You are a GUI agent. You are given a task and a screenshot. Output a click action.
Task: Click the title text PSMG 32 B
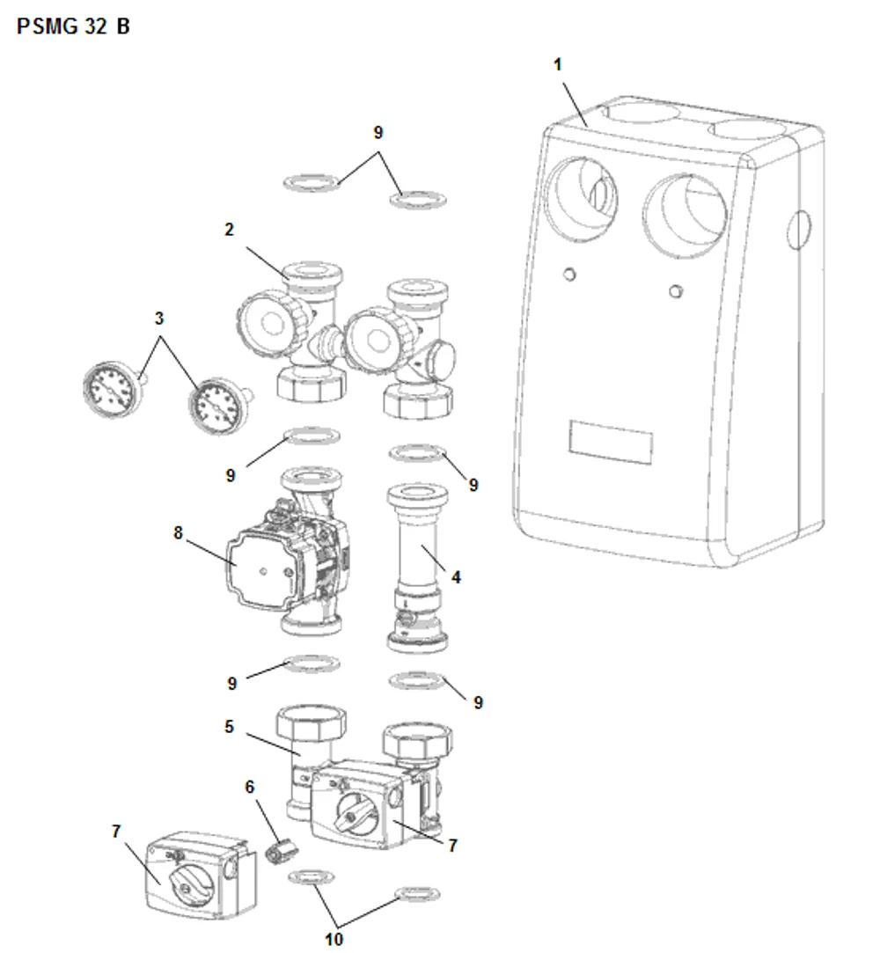[x=73, y=26]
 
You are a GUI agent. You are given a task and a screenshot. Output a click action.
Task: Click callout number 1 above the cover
[x=557, y=64]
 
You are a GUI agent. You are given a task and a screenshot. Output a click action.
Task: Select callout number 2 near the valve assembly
[x=229, y=230]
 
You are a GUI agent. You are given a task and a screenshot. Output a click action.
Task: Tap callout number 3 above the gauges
[x=159, y=318]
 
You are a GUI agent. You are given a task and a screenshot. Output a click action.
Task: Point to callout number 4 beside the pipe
[x=456, y=576]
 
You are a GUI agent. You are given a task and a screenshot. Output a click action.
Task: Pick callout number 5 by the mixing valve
[x=229, y=726]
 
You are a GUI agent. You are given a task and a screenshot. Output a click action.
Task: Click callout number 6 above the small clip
[x=249, y=787]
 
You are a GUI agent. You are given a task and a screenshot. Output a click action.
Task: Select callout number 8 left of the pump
[x=178, y=533]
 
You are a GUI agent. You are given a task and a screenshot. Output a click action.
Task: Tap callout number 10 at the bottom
[x=334, y=939]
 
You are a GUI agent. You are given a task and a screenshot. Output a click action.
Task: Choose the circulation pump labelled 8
[x=287, y=550]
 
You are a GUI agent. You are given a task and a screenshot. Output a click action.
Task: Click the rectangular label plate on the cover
[x=611, y=442]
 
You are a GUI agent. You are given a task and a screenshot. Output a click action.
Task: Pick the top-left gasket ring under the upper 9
[x=312, y=182]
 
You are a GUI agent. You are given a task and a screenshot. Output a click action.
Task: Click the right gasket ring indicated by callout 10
[x=417, y=894]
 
